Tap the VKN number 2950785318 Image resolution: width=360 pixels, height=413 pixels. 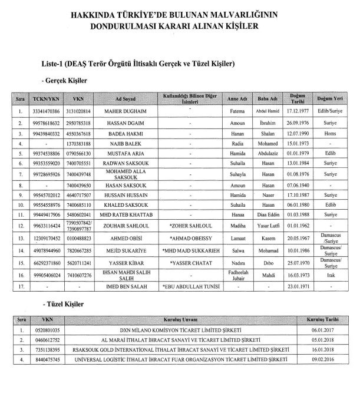[79, 123]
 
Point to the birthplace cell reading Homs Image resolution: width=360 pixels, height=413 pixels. [331, 133]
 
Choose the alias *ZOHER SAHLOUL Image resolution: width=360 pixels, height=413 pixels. [190, 224]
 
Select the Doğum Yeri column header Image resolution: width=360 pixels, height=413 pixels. [331, 98]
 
